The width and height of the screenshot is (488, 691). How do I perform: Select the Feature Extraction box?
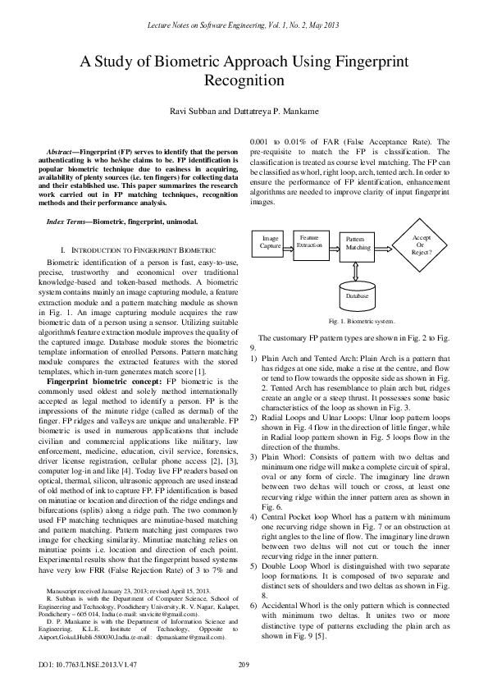pos(309,240)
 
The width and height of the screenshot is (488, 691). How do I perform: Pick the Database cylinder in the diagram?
pos(357,293)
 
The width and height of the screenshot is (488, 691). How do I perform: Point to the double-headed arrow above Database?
pos(357,268)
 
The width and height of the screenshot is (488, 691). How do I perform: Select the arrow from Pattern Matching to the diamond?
pos(385,243)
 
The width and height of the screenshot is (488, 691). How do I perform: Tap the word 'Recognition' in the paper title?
pos(244,82)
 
